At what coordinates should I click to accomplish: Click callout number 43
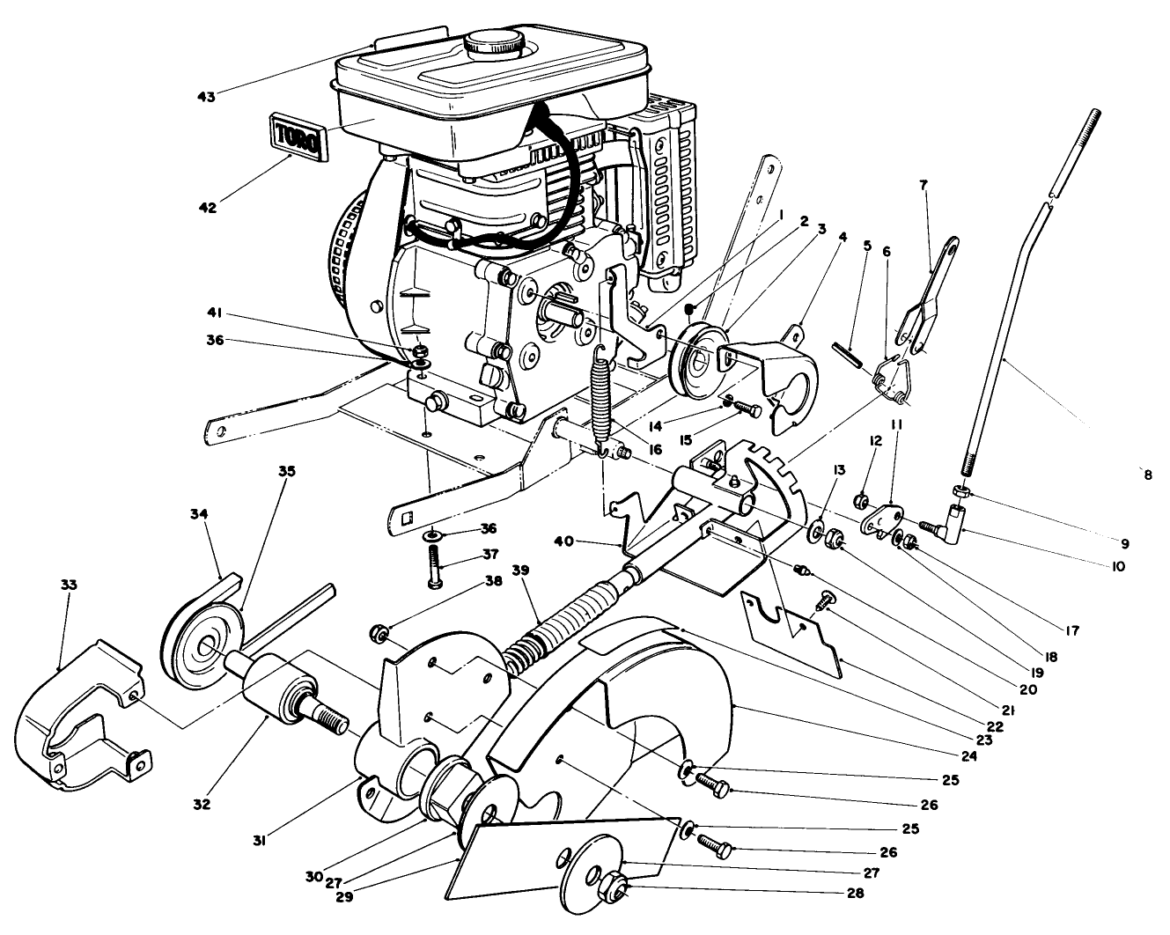click(207, 95)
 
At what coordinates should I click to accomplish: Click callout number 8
click(1147, 475)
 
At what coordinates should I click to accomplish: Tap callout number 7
click(922, 186)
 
